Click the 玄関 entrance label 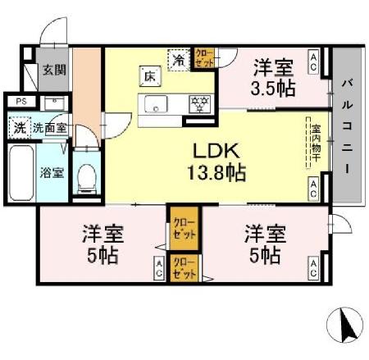pos(55,70)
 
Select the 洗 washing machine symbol pos(18,128)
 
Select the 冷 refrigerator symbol pos(178,59)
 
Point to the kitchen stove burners pos(199,103)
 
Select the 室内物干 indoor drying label pos(315,144)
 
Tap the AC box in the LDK pos(314,186)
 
